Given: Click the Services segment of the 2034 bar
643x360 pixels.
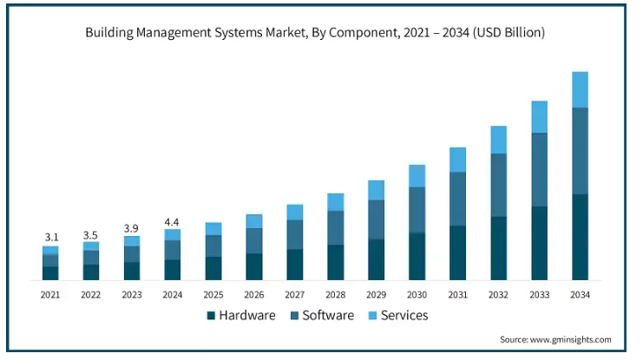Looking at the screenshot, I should tap(580, 89).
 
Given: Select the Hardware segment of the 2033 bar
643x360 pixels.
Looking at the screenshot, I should tap(539, 243).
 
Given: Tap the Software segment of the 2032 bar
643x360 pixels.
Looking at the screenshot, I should tap(498, 185).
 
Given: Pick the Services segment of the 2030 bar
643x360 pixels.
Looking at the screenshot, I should tap(417, 176).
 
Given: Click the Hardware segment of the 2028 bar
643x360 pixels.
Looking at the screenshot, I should tap(335, 262).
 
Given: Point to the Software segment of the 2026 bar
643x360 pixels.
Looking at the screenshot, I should tap(253, 240).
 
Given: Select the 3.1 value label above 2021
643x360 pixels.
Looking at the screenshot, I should tap(51, 237).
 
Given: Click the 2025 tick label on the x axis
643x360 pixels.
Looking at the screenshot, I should tap(213, 295).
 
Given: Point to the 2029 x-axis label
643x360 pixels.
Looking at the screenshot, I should tap(376, 295).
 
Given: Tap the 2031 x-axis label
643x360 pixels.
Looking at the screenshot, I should tap(457, 295).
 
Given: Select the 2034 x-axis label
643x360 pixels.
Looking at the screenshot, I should tap(580, 295).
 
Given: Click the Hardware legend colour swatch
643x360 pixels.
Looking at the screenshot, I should tap(211, 316).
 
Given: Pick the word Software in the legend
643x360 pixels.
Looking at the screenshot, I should tap(328, 316).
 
